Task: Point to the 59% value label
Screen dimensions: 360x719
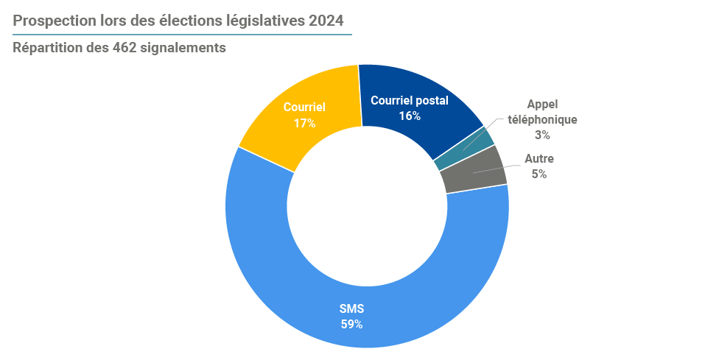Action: click(351, 323)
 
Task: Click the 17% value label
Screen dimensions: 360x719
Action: click(304, 123)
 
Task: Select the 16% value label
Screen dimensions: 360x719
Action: click(410, 116)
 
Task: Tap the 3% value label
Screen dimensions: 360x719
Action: click(542, 135)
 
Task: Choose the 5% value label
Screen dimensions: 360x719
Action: click(539, 174)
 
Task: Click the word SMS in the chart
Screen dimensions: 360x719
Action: click(351, 308)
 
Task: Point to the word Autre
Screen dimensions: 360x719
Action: click(539, 158)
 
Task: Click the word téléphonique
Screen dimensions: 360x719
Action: click(542, 119)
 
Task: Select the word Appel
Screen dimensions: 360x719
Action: click(542, 104)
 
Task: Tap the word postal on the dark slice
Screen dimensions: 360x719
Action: click(432, 100)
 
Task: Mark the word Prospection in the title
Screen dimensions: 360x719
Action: click(54, 21)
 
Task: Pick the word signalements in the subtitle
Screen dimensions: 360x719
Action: click(183, 48)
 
